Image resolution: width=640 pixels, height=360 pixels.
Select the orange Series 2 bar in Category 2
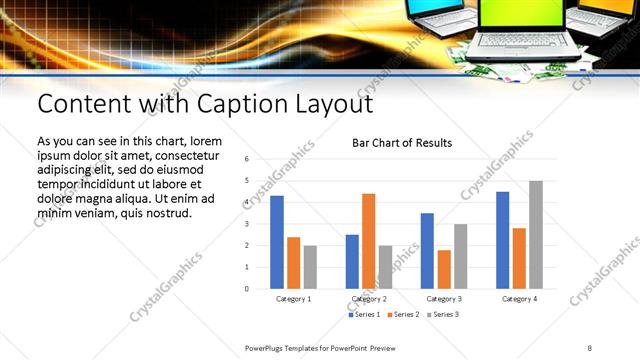coord(369,241)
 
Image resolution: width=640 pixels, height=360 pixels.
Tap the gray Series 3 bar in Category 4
coord(536,234)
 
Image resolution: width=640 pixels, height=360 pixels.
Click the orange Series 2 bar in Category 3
coord(444,269)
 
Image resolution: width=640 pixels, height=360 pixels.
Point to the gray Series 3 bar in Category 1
coord(310,267)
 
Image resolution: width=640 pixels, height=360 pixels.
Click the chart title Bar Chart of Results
coord(402,143)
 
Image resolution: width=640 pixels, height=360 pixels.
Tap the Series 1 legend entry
coord(365,315)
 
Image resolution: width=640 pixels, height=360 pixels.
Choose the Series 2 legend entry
coord(403,315)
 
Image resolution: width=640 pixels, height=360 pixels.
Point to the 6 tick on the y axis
coord(246,159)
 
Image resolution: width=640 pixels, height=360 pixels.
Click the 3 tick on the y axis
coord(246,224)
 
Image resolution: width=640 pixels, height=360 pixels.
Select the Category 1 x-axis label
coord(293,299)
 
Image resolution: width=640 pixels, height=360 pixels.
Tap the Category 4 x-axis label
coord(519,299)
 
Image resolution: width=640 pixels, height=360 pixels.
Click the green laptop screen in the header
coord(517,16)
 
